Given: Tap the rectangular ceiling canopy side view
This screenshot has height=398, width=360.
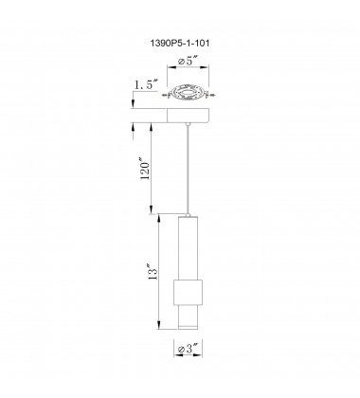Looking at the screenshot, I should [x=189, y=116].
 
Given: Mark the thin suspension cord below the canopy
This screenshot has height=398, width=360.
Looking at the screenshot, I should [x=189, y=171].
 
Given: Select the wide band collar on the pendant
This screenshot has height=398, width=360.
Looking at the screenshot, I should [x=189, y=290].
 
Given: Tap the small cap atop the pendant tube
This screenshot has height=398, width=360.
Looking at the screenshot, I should [x=189, y=214].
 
